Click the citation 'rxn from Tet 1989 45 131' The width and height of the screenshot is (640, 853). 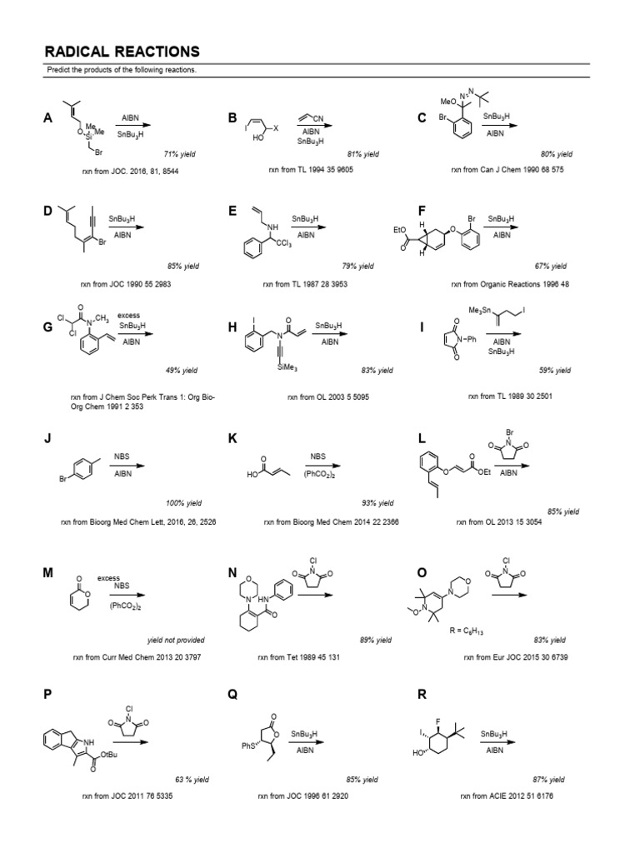pyautogui.click(x=314, y=657)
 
